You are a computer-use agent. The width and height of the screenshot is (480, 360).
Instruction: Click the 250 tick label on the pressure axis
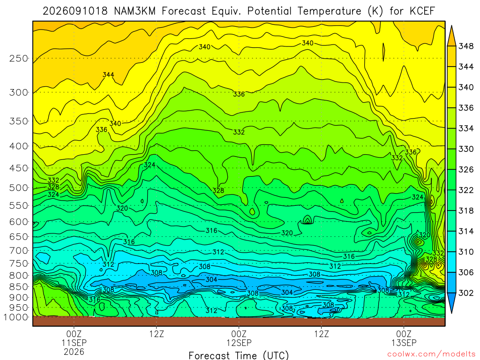[x=19, y=58]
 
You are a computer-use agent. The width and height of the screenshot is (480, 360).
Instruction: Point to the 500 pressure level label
[x=19, y=187]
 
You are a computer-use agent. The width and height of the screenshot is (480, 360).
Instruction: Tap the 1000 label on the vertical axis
[x=16, y=317]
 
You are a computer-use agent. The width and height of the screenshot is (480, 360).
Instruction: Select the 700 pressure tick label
[x=19, y=250]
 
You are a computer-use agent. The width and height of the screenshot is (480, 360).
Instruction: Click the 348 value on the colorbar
[x=466, y=46]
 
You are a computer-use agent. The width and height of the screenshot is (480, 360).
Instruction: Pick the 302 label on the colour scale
[x=466, y=293]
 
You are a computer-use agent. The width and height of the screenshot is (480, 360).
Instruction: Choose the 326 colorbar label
[x=466, y=170]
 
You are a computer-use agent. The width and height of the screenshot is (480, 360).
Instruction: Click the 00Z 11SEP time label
[x=74, y=338]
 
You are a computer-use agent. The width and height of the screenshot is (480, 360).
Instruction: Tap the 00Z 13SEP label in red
[x=404, y=338]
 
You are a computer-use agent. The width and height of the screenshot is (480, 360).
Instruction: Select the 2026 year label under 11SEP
[x=74, y=352]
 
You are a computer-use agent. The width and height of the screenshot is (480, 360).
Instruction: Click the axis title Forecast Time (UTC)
[x=239, y=355]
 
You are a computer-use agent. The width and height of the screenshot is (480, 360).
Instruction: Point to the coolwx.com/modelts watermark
[x=431, y=354]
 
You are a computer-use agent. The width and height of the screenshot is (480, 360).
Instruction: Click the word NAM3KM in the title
[x=135, y=11]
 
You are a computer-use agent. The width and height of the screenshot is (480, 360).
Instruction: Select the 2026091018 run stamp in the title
[x=75, y=11]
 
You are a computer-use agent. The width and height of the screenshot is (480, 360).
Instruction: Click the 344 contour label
[x=108, y=75]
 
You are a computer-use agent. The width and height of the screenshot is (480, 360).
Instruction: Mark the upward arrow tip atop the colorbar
[x=451, y=26]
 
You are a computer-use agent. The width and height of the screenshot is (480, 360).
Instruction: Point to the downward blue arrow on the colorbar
[x=451, y=303]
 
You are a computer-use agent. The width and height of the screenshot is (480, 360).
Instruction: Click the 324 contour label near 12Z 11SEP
[x=150, y=165]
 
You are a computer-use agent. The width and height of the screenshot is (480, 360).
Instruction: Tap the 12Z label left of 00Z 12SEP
[x=157, y=334]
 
